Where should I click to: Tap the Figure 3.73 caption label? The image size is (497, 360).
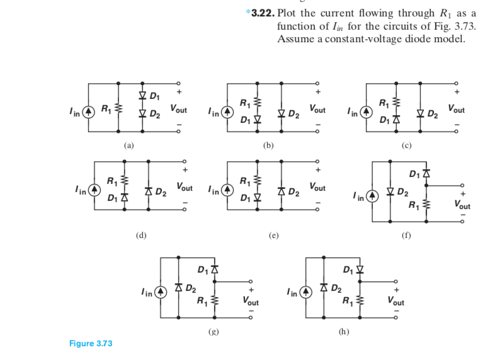91,344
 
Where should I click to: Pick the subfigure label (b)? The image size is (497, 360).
269,145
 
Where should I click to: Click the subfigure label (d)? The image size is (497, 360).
141,235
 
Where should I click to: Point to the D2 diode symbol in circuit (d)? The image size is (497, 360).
148,191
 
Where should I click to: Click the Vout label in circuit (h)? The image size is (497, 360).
396,301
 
